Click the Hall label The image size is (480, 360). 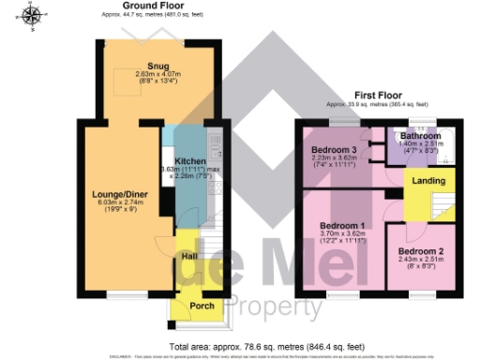189,255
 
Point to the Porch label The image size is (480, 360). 202,306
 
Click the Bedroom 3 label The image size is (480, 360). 334,150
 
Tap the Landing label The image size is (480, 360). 429,181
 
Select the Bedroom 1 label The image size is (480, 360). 342,226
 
